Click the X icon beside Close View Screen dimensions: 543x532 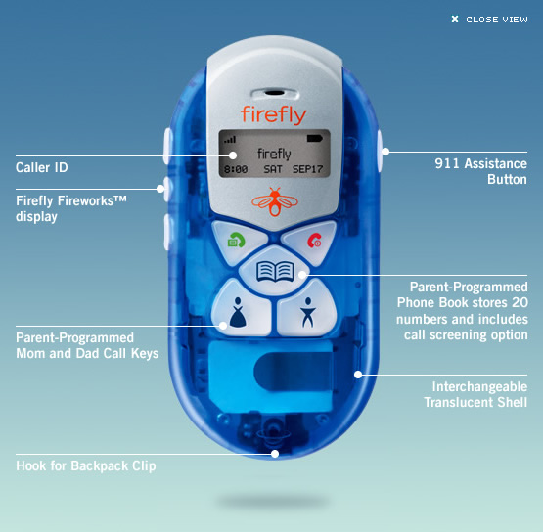pos(455,19)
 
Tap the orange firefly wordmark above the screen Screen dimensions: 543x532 pos(274,115)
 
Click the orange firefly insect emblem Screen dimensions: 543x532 pos(275,201)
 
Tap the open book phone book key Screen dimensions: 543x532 pos(275,272)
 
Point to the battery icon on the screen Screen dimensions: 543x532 pos(314,139)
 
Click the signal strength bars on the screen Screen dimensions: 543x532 pos(230,140)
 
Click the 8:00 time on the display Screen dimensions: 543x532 pos(236,169)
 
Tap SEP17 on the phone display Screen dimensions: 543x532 pos(307,169)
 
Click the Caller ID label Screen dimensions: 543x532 pos(41,167)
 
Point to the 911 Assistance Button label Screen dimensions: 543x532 pos(481,172)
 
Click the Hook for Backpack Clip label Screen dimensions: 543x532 pos(86,465)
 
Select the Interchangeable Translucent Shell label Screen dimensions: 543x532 pos(475,394)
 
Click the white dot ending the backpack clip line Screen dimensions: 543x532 pos(275,454)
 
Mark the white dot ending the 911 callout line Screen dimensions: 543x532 pos(385,152)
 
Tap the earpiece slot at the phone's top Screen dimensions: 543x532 pos(274,93)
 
